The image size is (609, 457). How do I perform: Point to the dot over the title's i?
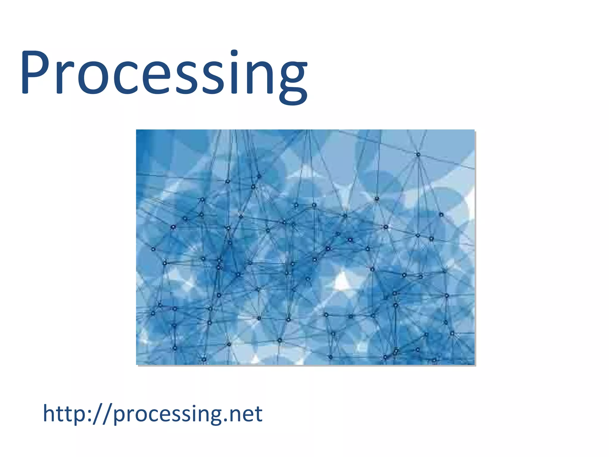234,53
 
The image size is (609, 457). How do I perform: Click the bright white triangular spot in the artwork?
342,281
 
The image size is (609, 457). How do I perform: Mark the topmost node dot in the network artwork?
418,154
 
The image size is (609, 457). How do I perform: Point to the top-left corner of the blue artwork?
137,130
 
